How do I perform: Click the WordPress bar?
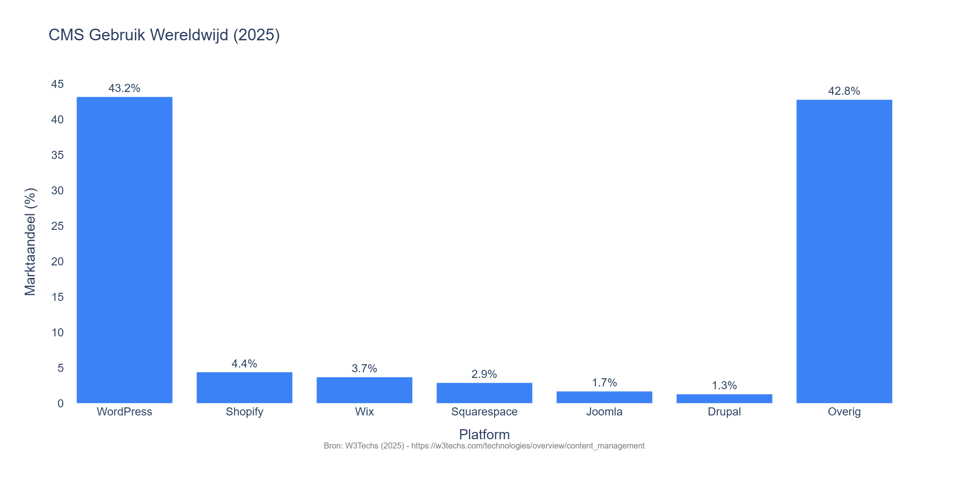(x=124, y=250)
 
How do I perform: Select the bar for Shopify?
(x=244, y=388)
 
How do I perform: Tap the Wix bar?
(x=364, y=390)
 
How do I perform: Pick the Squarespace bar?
(x=484, y=393)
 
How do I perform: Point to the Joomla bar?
(x=604, y=397)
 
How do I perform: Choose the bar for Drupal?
(x=724, y=398)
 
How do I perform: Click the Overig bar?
(x=844, y=251)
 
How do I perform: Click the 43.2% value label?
(x=124, y=88)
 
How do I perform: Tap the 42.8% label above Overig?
(x=844, y=91)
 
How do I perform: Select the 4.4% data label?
(x=244, y=364)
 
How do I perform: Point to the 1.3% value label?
(x=724, y=386)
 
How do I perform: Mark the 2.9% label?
(x=484, y=374)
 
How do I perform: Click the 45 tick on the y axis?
(x=57, y=84)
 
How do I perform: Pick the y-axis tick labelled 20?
(x=57, y=262)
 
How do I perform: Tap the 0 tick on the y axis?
(x=61, y=404)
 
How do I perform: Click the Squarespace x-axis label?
(x=484, y=412)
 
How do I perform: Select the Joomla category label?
(x=604, y=412)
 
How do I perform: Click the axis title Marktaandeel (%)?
(x=30, y=242)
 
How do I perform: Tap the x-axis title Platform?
(x=484, y=435)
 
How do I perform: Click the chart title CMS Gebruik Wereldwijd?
(x=164, y=35)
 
